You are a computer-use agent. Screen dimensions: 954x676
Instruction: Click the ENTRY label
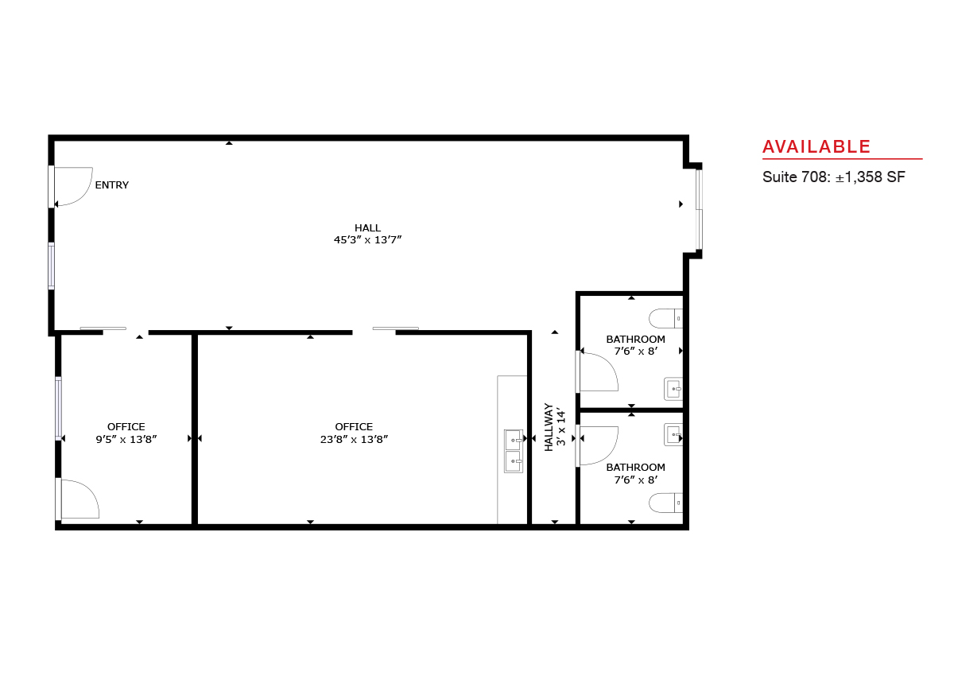click(x=111, y=185)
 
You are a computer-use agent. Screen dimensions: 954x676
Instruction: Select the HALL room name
click(x=367, y=228)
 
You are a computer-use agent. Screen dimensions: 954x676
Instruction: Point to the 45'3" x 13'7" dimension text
click(x=367, y=240)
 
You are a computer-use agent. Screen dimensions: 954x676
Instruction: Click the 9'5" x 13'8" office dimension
click(x=126, y=439)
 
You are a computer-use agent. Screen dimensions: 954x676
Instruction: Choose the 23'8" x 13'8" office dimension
click(x=354, y=439)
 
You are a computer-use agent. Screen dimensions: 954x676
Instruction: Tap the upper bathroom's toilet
click(x=665, y=318)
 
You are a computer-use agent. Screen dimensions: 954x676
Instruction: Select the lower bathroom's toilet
click(x=665, y=503)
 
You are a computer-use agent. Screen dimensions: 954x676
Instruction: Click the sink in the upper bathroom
click(x=673, y=389)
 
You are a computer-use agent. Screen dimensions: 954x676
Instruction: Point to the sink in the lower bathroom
click(x=673, y=435)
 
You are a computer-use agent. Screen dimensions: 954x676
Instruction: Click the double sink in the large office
click(x=514, y=451)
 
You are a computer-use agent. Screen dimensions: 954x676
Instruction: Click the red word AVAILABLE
click(x=816, y=147)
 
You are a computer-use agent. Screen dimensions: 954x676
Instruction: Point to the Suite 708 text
click(x=796, y=177)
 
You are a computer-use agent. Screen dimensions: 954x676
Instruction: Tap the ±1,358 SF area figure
click(x=870, y=177)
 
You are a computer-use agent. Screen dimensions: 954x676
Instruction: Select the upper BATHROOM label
click(x=635, y=340)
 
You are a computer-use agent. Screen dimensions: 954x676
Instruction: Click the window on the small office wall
click(x=58, y=409)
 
